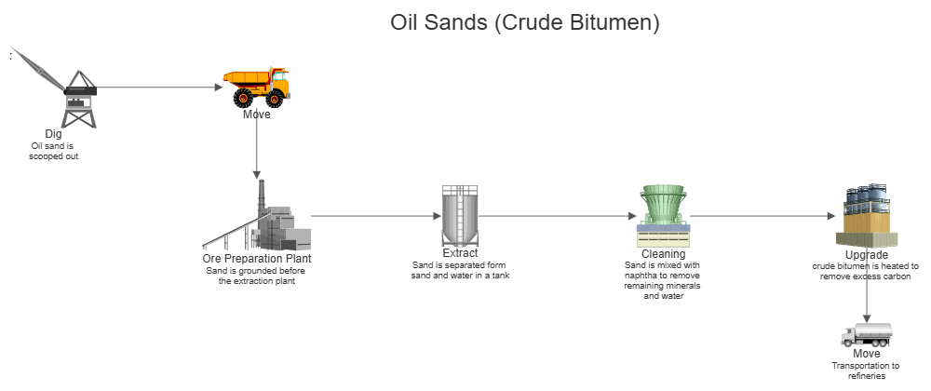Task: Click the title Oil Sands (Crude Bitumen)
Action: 524,23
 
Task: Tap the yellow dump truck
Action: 257,86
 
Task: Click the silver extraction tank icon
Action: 459,215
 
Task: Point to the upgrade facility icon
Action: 866,216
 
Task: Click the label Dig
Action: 53,135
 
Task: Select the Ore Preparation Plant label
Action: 256,259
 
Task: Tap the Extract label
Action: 460,254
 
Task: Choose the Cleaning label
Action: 663,254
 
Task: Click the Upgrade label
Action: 866,255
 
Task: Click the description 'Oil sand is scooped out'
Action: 53,151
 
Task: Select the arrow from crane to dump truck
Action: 158,88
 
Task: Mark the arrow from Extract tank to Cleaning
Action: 559,216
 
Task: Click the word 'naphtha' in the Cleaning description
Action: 641,276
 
